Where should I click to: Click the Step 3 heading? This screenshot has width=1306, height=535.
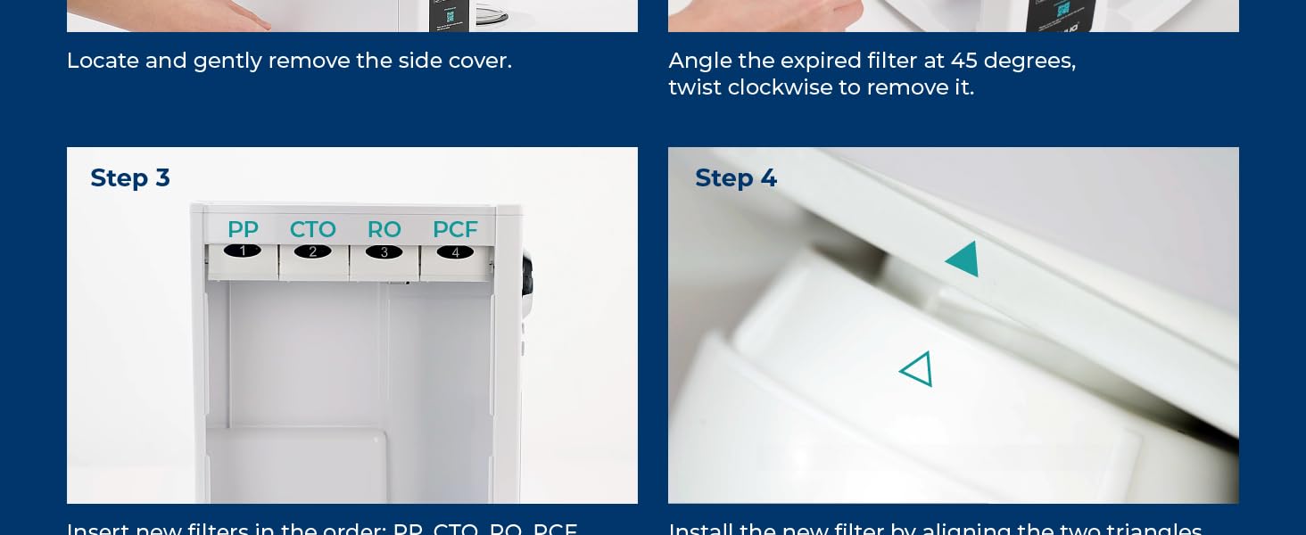pos(129,178)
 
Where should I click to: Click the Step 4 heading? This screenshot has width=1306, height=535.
pos(735,178)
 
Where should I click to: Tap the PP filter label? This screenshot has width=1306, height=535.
pos(243,229)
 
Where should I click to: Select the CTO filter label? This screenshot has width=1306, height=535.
pos(312,229)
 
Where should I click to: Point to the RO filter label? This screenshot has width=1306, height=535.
pos(384,229)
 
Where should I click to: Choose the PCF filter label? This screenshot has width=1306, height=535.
pos(455,229)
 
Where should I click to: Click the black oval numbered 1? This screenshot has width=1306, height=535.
pos(243,251)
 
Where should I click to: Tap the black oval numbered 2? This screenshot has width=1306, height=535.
pos(312,251)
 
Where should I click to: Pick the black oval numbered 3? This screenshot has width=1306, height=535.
pos(384,252)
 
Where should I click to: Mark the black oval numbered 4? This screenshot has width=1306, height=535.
pos(455,252)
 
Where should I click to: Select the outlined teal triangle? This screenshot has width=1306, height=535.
pos(918,369)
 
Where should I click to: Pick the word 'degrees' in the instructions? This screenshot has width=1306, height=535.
pos(1029,61)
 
